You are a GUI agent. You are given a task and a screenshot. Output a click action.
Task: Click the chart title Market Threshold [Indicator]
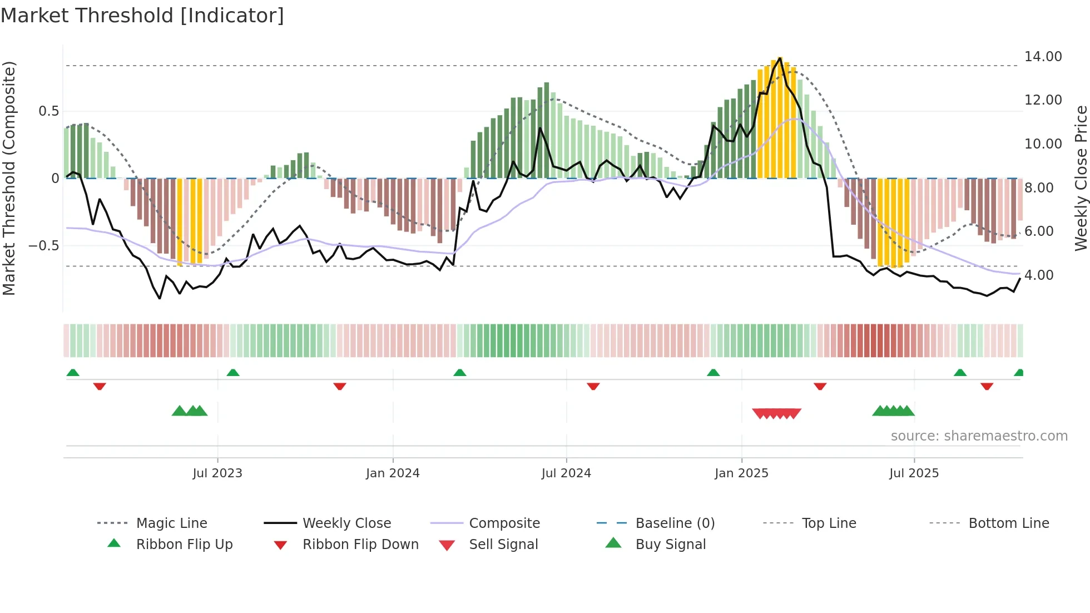point(142,16)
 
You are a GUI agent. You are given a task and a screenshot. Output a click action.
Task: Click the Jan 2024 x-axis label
point(393,473)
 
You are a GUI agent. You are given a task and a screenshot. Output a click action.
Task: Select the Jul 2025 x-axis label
point(914,473)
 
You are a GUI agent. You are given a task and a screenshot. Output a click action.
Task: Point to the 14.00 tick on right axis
point(1043,57)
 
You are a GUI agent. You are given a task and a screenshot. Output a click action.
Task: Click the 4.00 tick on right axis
point(1039,275)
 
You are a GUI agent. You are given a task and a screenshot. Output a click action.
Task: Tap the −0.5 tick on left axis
point(43,246)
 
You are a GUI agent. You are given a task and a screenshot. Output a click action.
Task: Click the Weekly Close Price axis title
point(1081,178)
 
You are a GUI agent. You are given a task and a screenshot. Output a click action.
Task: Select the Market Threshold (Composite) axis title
point(9,178)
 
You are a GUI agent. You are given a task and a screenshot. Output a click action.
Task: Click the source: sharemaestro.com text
point(979,436)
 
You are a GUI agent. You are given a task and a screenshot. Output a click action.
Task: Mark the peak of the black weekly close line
point(780,58)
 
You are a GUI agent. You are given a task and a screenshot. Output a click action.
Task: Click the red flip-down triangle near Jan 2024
point(340,386)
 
